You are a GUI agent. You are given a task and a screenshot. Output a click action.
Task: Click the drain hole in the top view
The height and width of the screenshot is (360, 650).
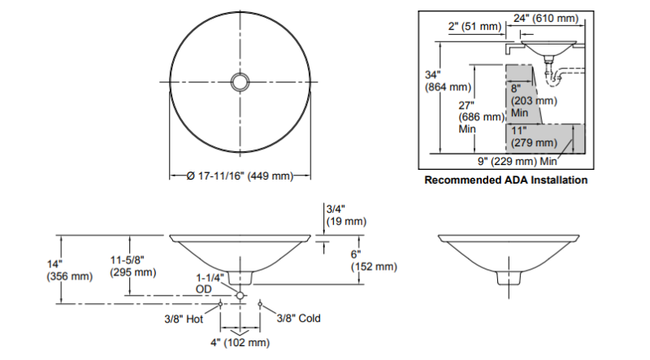240,82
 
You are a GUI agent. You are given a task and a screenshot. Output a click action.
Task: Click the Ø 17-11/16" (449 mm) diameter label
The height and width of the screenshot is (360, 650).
240,176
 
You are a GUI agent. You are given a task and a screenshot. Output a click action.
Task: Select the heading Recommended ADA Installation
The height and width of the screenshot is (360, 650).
505,180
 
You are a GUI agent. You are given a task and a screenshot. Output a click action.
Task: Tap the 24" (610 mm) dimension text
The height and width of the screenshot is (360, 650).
545,18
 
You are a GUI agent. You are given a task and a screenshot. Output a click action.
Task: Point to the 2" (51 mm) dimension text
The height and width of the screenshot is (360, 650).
474,26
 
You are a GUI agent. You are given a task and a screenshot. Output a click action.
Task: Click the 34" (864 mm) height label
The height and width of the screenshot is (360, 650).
448,81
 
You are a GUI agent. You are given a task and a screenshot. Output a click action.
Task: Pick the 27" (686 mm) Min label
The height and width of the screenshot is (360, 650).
481,117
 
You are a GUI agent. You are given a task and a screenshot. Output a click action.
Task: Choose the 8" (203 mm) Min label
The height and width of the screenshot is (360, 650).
534,101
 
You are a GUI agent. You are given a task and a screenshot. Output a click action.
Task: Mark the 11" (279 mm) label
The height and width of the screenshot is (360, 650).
534,137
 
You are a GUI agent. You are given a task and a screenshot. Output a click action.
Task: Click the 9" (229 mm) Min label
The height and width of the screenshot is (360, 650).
518,161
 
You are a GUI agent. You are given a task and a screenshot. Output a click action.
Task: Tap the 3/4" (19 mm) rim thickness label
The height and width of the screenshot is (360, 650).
347,215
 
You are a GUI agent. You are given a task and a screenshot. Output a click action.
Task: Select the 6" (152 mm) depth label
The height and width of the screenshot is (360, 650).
374,260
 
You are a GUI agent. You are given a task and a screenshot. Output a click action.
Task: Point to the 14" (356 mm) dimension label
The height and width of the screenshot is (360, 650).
70,270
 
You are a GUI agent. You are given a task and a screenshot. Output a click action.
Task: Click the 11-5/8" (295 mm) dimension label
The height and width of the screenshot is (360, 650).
133,266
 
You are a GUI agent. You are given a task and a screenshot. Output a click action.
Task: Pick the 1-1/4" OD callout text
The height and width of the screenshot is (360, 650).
210,283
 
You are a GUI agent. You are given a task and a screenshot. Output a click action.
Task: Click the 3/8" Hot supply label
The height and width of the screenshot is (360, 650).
184,319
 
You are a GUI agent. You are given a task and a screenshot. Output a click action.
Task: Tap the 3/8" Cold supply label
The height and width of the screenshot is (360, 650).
298,318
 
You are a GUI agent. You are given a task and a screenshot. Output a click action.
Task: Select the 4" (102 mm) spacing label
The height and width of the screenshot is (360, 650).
240,343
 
